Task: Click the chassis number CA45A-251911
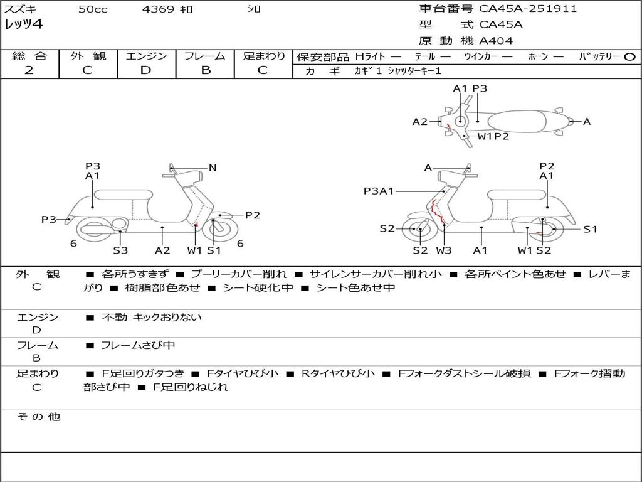[x=528, y=9]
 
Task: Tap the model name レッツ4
[x=23, y=25]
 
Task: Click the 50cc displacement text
[x=93, y=9]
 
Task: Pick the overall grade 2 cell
[x=29, y=70]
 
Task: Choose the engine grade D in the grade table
[x=145, y=70]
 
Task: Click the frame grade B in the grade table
[x=205, y=70]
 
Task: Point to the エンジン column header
[x=146, y=56]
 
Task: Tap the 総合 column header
[x=29, y=56]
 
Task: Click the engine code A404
[x=496, y=41]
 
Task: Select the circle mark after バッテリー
[x=630, y=57]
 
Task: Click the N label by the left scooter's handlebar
[x=213, y=168]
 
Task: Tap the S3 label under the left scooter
[x=120, y=250]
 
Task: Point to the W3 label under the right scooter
[x=444, y=250]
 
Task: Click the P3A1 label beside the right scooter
[x=378, y=191]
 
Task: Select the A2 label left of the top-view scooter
[x=419, y=122]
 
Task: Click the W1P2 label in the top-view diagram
[x=493, y=136]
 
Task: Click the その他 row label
[x=38, y=417]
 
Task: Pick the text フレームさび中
[x=138, y=345]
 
